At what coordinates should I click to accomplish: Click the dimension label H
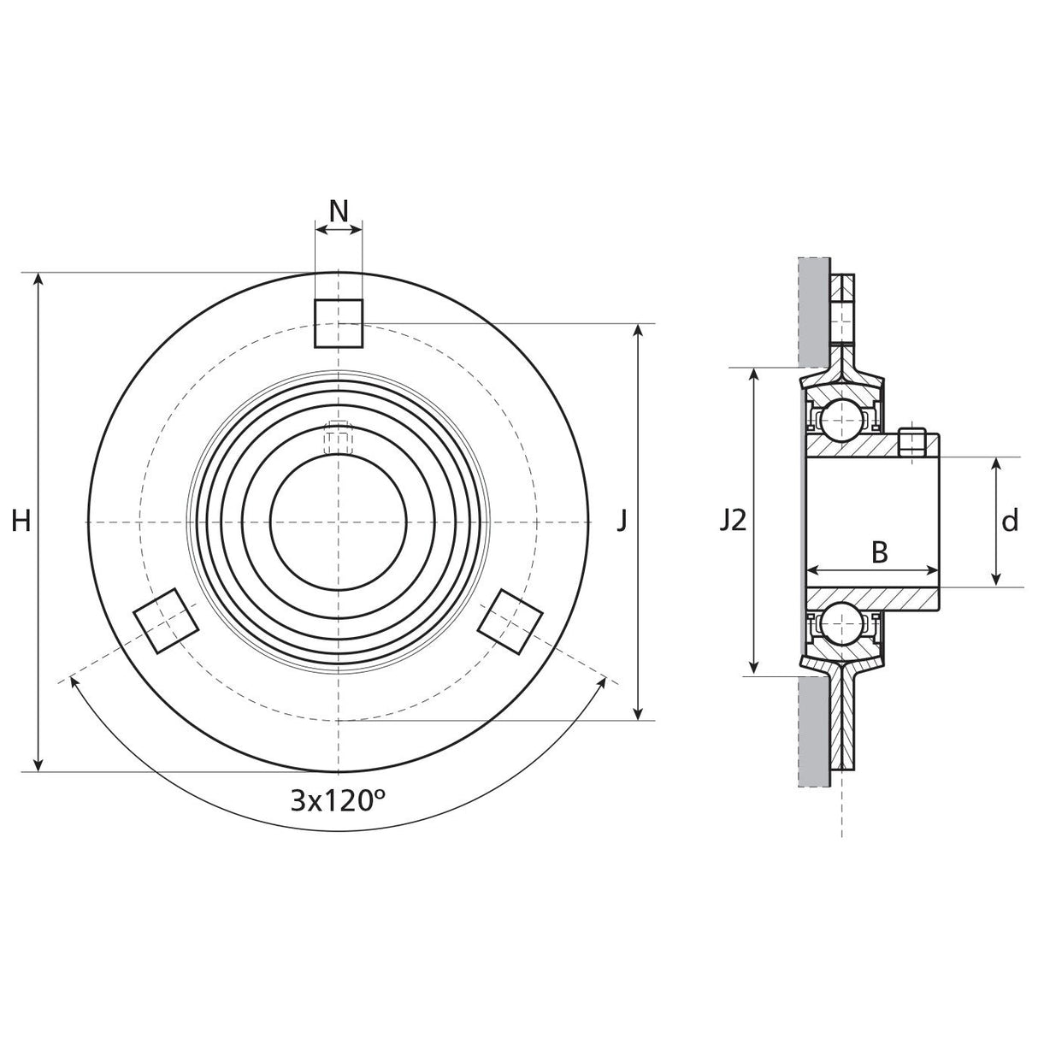pyautogui.click(x=22, y=520)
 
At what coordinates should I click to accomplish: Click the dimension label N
pyautogui.click(x=339, y=210)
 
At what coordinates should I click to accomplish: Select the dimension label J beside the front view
pyautogui.click(x=622, y=520)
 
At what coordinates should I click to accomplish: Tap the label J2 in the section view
pyautogui.click(x=732, y=520)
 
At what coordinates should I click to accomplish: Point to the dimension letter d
pyautogui.click(x=1010, y=520)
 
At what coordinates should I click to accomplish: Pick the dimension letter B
pyautogui.click(x=879, y=553)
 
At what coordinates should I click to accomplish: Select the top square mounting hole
pyautogui.click(x=339, y=324)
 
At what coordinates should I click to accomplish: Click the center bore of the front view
pyautogui.click(x=339, y=521)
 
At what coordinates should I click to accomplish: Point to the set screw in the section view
pyautogui.click(x=912, y=441)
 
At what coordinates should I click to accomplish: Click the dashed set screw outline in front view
pyautogui.click(x=339, y=439)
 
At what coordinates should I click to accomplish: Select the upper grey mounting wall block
pyautogui.click(x=814, y=310)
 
